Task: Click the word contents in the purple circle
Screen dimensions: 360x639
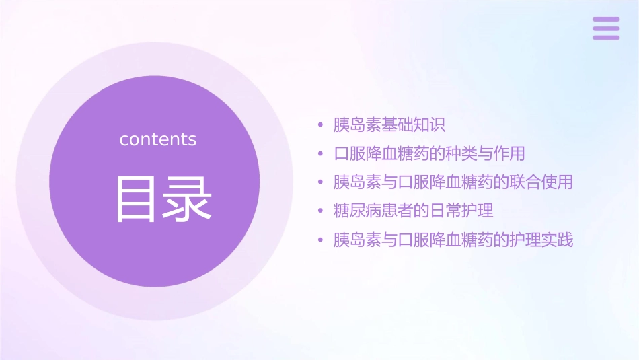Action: (x=158, y=139)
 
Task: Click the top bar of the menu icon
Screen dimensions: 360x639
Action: (x=606, y=20)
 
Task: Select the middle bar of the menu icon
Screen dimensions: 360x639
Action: (x=606, y=28)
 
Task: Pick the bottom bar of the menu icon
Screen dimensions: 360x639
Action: (x=606, y=37)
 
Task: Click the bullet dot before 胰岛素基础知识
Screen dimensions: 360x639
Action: (x=321, y=125)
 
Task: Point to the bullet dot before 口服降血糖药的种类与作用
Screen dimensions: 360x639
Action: (x=321, y=154)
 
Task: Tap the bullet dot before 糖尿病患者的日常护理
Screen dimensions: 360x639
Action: (x=321, y=211)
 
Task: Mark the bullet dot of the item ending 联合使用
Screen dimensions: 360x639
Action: (x=321, y=182)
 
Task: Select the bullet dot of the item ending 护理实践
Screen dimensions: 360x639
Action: (x=321, y=240)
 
